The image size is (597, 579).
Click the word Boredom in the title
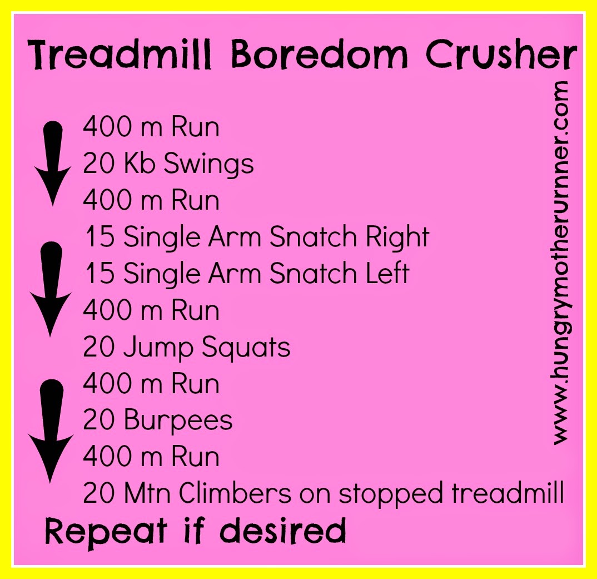click(x=320, y=56)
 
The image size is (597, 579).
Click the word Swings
click(x=208, y=165)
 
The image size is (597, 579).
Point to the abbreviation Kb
click(x=140, y=163)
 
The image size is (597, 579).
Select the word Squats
click(x=246, y=348)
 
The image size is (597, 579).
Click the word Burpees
click(x=178, y=420)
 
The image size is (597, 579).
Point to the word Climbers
click(x=235, y=493)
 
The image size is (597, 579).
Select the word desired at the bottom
click(x=283, y=530)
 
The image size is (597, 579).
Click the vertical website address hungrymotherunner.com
click(x=560, y=263)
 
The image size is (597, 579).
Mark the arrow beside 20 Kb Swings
click(x=53, y=164)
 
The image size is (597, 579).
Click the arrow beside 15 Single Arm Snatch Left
click(x=51, y=289)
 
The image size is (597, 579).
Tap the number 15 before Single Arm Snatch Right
click(x=100, y=236)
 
